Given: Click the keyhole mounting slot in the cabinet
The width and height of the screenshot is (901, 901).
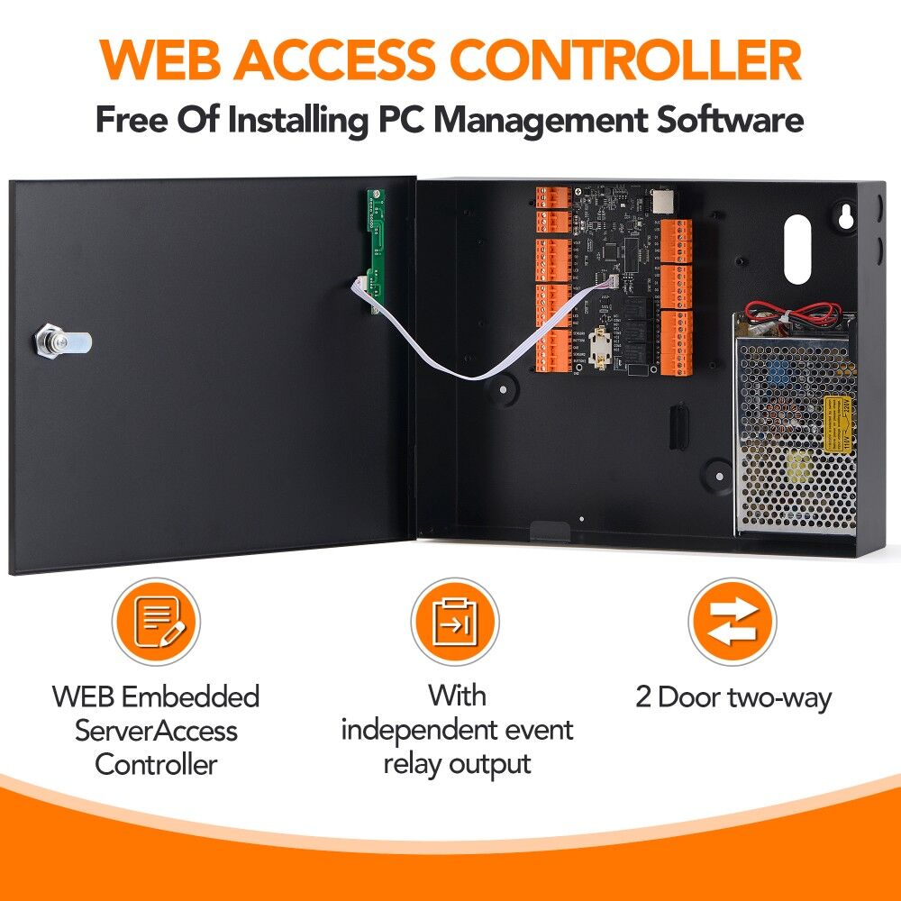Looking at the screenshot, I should pyautogui.click(x=846, y=217).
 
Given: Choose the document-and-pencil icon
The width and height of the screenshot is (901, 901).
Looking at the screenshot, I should pyautogui.click(x=156, y=623).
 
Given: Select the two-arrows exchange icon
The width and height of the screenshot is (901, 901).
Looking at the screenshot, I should pyautogui.click(x=732, y=623).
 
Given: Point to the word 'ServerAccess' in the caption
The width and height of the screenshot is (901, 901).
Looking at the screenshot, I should pyautogui.click(x=156, y=730).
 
